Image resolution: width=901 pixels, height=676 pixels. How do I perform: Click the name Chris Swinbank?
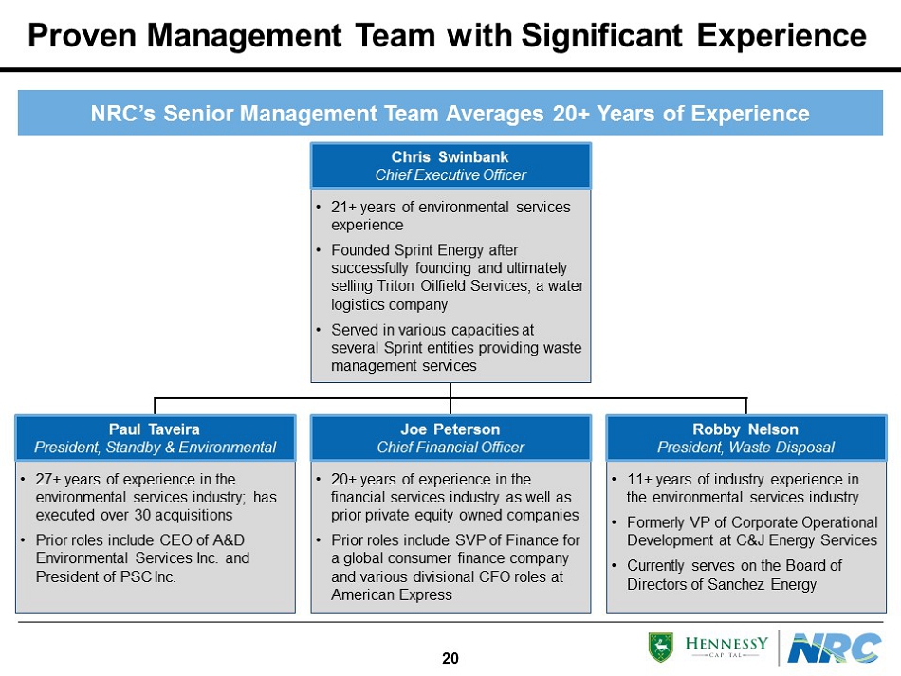(x=450, y=156)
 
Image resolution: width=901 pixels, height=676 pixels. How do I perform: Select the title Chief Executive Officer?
(x=450, y=174)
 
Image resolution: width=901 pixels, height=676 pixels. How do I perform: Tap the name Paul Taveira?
(x=155, y=429)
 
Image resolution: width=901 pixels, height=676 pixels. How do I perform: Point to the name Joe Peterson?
(x=450, y=429)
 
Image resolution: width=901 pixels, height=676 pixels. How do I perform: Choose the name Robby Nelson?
(x=745, y=429)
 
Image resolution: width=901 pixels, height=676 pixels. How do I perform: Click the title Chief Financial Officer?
(x=450, y=447)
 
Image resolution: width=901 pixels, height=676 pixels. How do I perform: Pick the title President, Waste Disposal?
(x=745, y=447)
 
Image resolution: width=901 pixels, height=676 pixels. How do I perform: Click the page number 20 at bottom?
(x=450, y=658)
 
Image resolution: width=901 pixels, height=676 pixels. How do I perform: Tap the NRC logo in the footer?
(x=835, y=648)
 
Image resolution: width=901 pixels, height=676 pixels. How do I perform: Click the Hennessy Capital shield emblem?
(x=661, y=648)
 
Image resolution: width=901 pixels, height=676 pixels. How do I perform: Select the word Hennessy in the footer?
(x=726, y=643)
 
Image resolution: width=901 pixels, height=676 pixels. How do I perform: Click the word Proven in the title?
(x=82, y=35)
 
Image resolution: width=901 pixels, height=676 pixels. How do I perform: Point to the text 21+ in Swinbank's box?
(x=343, y=207)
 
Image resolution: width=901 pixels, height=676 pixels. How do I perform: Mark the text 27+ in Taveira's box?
(x=48, y=479)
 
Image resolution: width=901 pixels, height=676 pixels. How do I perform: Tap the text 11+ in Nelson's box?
(x=639, y=479)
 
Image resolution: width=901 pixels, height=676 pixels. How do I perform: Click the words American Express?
(x=392, y=594)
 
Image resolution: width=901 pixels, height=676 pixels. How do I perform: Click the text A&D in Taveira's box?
(x=229, y=539)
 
